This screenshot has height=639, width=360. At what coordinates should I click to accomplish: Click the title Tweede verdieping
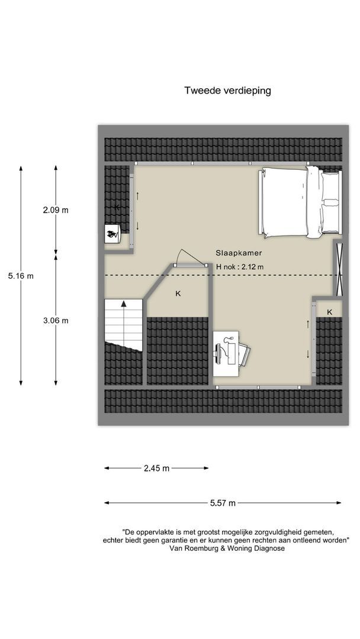pos(227,91)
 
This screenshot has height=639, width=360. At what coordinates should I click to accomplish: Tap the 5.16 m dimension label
pos(21,276)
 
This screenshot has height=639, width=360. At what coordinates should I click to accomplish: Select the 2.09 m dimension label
pos(56,210)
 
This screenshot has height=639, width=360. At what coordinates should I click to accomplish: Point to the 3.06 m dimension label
pos(56,321)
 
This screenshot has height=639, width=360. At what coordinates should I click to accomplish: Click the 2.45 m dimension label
pos(156,468)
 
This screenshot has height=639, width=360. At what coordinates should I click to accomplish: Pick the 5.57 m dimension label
pos(223,503)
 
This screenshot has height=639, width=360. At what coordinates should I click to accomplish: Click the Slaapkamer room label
pos(239,253)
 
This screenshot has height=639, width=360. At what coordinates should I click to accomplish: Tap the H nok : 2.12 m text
pos(240,267)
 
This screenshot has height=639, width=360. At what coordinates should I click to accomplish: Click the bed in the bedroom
pos(300,202)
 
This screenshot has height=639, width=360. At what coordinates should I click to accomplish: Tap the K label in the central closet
pos(178,293)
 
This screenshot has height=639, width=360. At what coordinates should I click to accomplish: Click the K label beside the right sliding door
pos(329,312)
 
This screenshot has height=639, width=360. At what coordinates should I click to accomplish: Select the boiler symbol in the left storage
pos(112,234)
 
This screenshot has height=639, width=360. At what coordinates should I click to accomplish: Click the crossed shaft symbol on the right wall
pos(339,269)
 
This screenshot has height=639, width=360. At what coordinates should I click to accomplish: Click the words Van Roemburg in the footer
pos(189,548)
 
